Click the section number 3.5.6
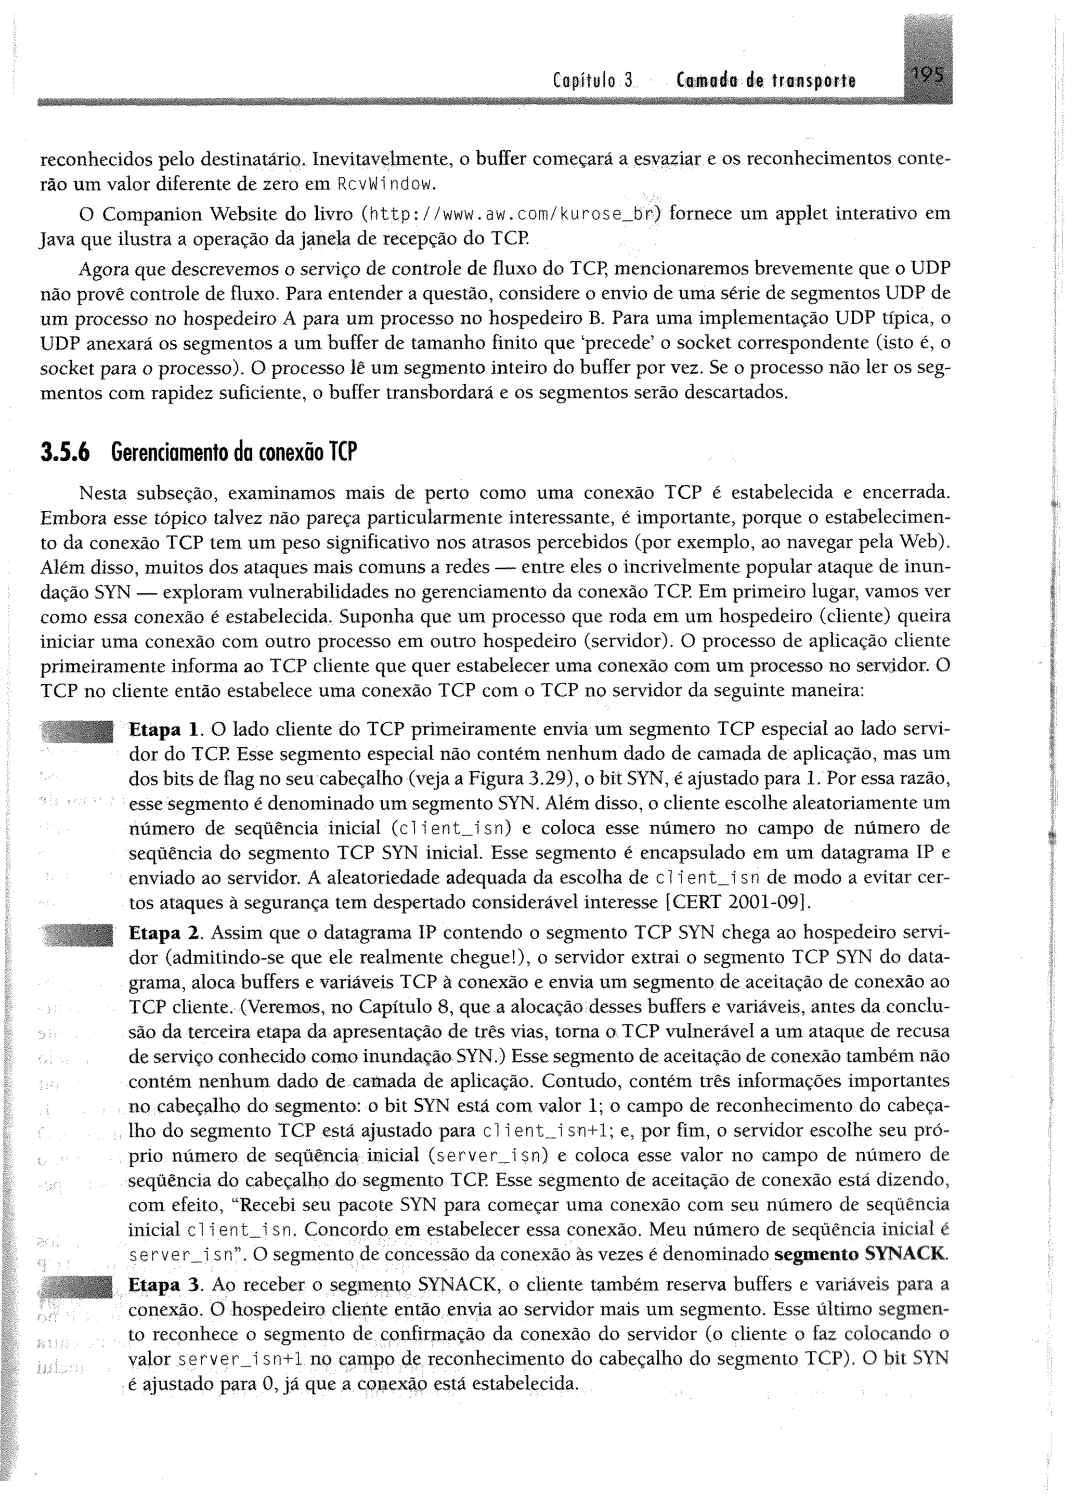(x=65, y=453)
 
